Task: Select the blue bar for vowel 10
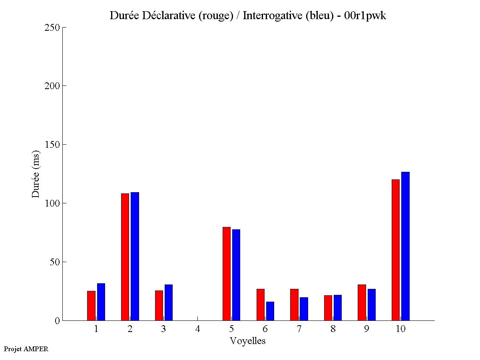coord(405,246)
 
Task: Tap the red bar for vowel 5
coord(227,274)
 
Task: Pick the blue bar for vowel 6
coord(270,311)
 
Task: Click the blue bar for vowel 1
coord(101,302)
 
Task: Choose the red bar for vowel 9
coord(362,302)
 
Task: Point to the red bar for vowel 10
coord(396,250)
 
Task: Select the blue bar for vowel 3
coord(169,302)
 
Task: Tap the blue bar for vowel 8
coord(338,308)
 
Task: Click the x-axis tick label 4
coord(197,329)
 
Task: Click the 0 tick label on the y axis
coord(58,320)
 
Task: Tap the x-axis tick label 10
coord(400,329)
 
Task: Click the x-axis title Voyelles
coord(248,341)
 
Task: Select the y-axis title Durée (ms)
coord(36,174)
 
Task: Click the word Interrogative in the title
coord(269,16)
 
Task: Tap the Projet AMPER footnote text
coord(26,349)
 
